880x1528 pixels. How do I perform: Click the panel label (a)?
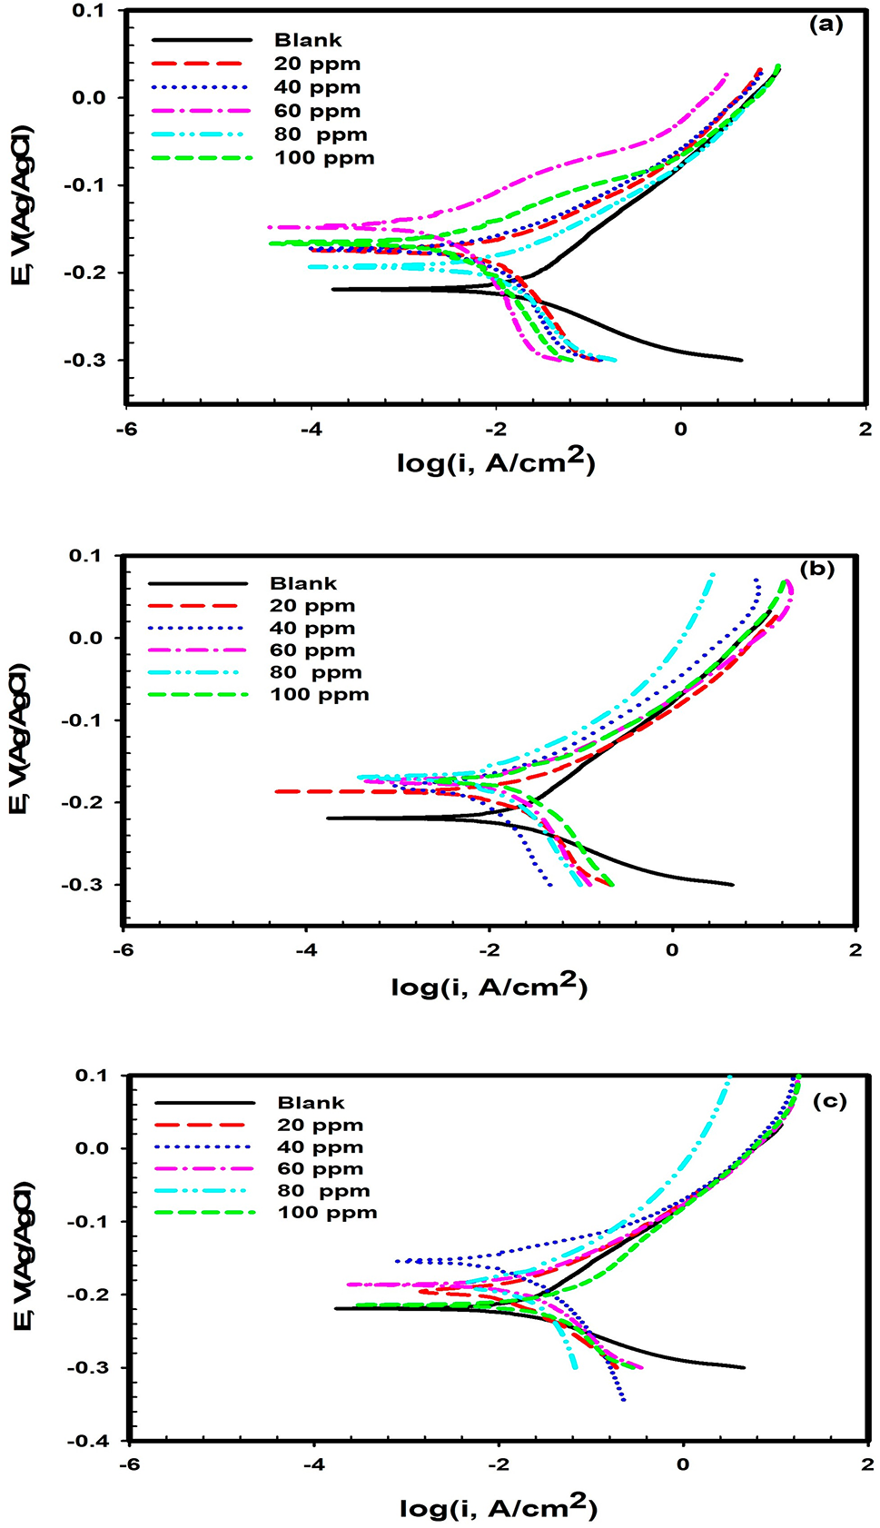pyautogui.click(x=826, y=25)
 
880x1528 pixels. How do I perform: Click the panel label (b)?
pyautogui.click(x=816, y=570)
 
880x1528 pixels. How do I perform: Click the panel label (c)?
pyautogui.click(x=828, y=1101)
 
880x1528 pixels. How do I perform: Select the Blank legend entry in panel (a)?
pyautogui.click(x=308, y=40)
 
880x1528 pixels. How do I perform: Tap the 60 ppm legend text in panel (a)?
pyautogui.click(x=317, y=111)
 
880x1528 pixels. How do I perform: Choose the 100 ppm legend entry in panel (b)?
pyautogui.click(x=319, y=695)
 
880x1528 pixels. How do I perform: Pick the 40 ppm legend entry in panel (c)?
pyautogui.click(x=320, y=1147)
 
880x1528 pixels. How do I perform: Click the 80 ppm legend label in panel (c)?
pyautogui.click(x=323, y=1191)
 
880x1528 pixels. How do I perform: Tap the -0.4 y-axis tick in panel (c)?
pyautogui.click(x=88, y=1441)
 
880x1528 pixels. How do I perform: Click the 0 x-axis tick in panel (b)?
pyautogui.click(x=672, y=950)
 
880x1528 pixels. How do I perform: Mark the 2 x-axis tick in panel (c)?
pyautogui.click(x=868, y=1464)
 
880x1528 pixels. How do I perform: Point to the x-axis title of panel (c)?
pyautogui.click(x=498, y=1507)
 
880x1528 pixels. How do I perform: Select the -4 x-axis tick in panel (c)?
pyautogui.click(x=314, y=1464)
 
